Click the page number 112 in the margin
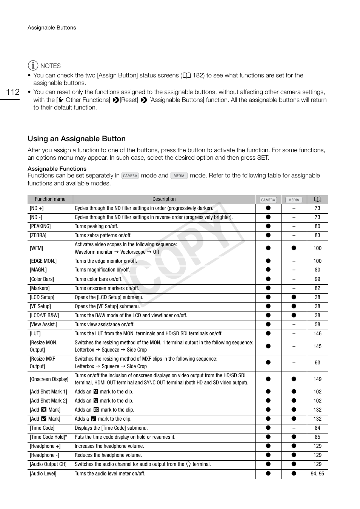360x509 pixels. tap(13, 92)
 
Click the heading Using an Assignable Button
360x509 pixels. tap(77, 139)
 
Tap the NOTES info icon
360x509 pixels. tap(33, 66)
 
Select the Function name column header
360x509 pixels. tap(50, 199)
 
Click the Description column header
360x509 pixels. tap(164, 199)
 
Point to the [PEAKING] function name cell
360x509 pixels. tap(40, 227)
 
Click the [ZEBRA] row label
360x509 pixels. tap(38, 236)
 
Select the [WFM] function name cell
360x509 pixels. tap(36, 248)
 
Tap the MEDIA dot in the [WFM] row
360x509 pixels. tap(294, 248)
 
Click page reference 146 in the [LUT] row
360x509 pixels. tap(317, 334)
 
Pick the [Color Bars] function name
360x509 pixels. tap(42, 279)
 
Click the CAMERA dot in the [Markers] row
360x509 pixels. tap(268, 288)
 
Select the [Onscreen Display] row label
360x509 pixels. tap(49, 379)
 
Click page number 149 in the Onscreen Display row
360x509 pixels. tap(317, 379)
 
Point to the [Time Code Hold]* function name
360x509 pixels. tap(48, 437)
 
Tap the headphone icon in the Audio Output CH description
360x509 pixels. tap(188, 464)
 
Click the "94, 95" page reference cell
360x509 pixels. tap(317, 474)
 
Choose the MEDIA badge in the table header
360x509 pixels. tap(294, 200)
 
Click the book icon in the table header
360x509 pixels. tap(317, 199)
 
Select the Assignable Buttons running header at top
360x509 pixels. tap(52, 28)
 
